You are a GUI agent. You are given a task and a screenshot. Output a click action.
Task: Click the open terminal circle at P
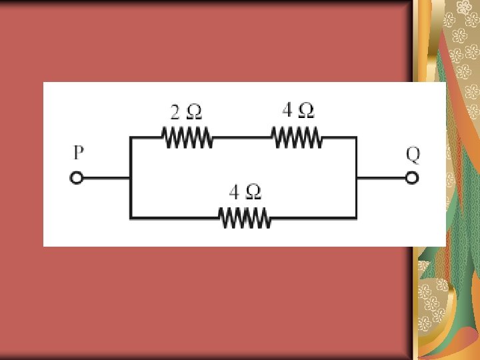pos(77,178)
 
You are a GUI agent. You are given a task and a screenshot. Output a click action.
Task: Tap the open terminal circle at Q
pos(413,178)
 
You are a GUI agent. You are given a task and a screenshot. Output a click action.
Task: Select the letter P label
pos(78,153)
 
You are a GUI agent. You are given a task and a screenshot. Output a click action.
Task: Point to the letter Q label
pos(413,154)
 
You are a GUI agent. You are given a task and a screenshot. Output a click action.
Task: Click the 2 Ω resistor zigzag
pos(187,138)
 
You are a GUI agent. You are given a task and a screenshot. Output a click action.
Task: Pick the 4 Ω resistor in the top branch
pos(297,138)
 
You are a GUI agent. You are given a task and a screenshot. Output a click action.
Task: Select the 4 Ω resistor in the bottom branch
pos(245,217)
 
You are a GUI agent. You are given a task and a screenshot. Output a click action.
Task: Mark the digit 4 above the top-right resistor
pos(287,109)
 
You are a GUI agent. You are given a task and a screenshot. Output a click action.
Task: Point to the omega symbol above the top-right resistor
pos(306,109)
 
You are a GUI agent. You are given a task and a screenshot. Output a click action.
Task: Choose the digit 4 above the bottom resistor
pos(234,193)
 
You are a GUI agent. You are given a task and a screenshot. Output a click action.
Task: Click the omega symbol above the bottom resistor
pos(254,193)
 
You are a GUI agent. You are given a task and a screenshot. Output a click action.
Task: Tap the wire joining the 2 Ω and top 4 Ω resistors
pos(241,138)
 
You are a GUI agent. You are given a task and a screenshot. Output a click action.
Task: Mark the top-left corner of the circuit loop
pos(131,138)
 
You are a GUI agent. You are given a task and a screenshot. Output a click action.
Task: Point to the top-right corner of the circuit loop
pos(355,138)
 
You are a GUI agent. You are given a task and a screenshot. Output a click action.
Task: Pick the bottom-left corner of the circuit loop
pos(131,217)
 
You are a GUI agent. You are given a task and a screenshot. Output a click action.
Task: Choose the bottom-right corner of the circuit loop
pos(355,217)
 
